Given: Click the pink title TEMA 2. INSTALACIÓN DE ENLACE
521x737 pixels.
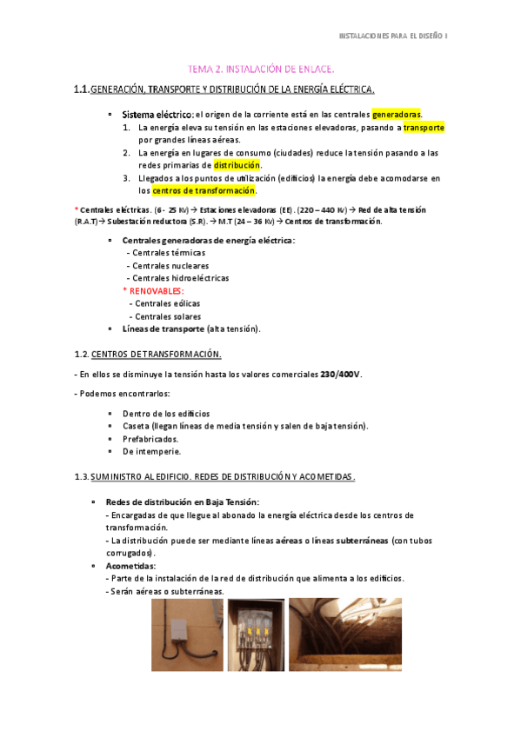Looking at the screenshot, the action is pyautogui.click(x=262, y=69).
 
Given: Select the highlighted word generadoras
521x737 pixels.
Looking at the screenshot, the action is pyautogui.click(x=396, y=115).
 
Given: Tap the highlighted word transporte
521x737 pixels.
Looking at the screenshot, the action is pyautogui.click(x=424, y=127).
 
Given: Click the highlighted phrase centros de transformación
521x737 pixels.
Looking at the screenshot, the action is pyautogui.click(x=204, y=190).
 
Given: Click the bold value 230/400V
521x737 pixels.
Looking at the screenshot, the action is pyautogui.click(x=340, y=375).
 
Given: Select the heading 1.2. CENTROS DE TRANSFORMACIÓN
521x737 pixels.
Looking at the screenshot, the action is pyautogui.click(x=156, y=354).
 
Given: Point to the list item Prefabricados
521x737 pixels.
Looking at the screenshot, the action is pyautogui.click(x=150, y=439).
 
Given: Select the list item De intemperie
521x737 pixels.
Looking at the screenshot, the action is pyautogui.click(x=152, y=452).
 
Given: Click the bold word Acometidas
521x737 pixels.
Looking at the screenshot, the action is pyautogui.click(x=130, y=566).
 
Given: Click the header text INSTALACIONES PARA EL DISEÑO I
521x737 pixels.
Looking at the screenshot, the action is pyautogui.click(x=392, y=36).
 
